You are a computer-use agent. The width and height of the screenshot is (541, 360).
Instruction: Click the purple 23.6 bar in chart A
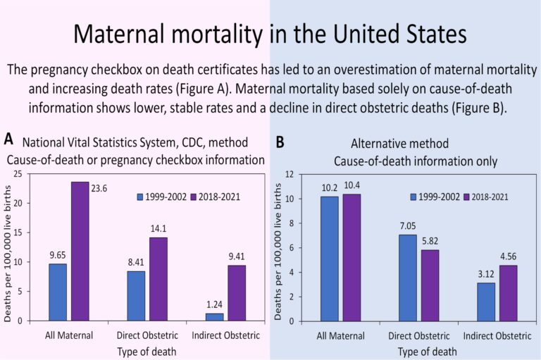pos(80,251)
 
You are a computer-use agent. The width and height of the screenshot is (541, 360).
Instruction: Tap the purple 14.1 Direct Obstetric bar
pos(158,279)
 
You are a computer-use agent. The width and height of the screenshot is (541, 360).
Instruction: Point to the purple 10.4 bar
pos(351,257)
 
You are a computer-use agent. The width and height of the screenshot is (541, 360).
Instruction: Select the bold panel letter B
pos(280,142)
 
